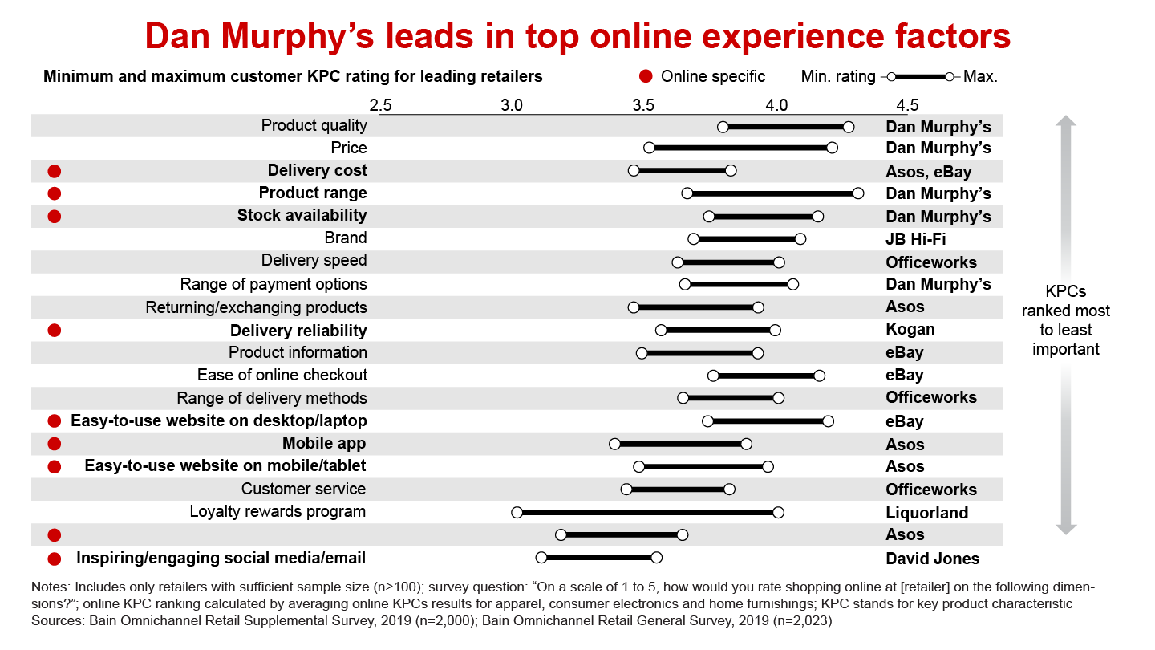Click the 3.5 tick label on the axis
point(643,105)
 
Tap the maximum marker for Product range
point(858,193)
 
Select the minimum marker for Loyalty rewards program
point(517,513)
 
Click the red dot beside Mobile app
point(55,444)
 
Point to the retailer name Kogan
point(910,330)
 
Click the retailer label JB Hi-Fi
point(915,238)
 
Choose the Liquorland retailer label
point(926,513)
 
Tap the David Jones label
point(932,559)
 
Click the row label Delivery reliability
point(298,331)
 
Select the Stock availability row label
point(302,216)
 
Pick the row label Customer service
point(303,490)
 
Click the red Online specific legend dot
point(646,77)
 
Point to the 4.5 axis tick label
point(907,105)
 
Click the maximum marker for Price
point(832,148)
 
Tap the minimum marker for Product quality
point(723,127)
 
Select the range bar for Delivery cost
point(682,171)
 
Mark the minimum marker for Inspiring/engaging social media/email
point(541,558)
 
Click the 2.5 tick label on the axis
point(380,105)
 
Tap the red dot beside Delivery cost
point(55,171)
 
